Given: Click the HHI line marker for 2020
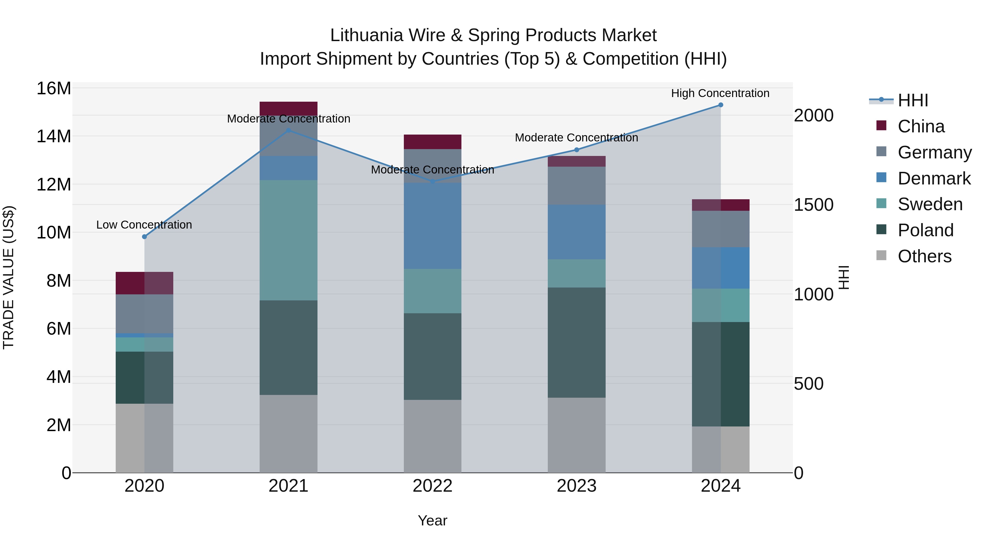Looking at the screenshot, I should click(x=144, y=237).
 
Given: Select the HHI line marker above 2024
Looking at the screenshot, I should click(x=721, y=105).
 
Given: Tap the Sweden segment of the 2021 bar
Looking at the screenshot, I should click(x=288, y=240).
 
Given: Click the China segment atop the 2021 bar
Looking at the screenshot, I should click(x=288, y=108).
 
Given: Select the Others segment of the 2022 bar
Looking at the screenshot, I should click(x=433, y=436).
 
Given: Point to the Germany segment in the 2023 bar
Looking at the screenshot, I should click(x=577, y=186).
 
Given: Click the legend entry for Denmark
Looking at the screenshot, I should click(x=934, y=178).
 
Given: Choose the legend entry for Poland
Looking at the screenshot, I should click(x=925, y=230).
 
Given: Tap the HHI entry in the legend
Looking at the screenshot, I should click(x=913, y=100).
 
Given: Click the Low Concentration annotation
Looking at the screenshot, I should click(x=144, y=225).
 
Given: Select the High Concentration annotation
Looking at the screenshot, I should click(x=720, y=93).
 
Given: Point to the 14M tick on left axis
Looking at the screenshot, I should click(x=54, y=136).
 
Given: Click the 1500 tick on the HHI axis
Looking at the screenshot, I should click(x=813, y=205).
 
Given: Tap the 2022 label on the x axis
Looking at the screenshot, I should click(x=433, y=486).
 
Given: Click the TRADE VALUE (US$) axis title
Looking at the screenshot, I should click(x=9, y=277).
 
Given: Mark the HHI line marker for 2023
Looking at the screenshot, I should click(x=577, y=150).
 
